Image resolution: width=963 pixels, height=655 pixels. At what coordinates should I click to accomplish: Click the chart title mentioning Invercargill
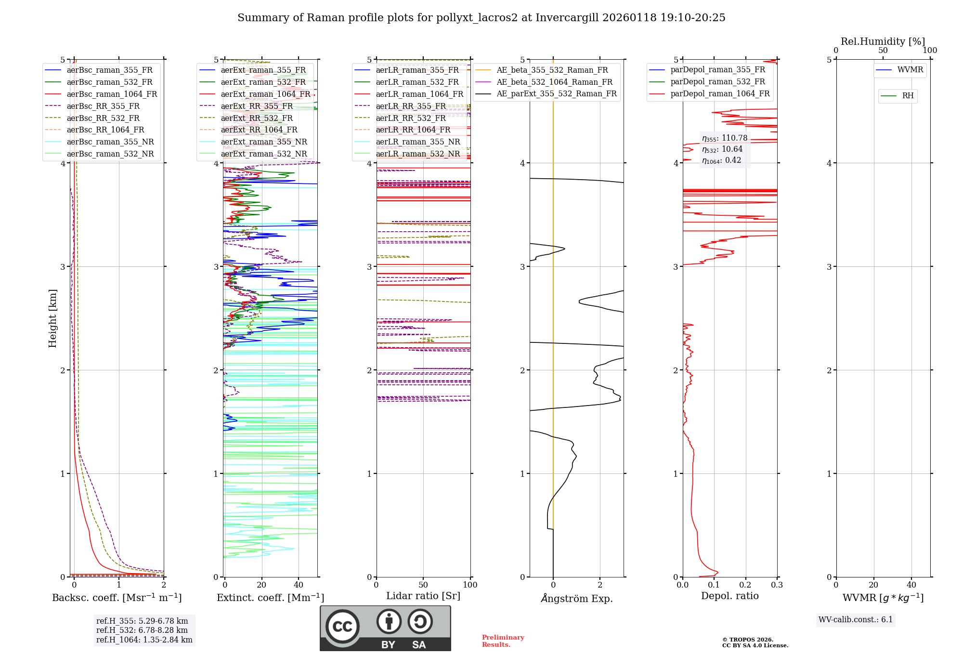pos(481,18)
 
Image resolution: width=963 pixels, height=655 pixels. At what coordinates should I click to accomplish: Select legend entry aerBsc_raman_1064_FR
pos(112,94)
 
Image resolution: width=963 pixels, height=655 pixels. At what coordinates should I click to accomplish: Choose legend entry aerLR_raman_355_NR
pos(417,142)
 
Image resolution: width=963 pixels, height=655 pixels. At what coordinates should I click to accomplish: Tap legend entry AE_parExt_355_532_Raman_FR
pos(556,93)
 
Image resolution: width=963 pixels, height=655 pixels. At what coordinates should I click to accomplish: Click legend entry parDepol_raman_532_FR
pos(717,82)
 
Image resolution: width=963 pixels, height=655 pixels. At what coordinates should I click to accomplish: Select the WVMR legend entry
pos(910,70)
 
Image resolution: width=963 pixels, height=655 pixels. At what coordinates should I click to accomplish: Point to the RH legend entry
pos(908,96)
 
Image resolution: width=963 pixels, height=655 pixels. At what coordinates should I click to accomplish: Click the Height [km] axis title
pos(52,318)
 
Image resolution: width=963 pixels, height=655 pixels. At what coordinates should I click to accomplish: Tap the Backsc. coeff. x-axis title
pos(117,598)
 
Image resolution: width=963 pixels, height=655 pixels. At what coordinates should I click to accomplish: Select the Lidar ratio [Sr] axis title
pos(423,596)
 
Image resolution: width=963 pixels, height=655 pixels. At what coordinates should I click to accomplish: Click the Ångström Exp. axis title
pos(577,598)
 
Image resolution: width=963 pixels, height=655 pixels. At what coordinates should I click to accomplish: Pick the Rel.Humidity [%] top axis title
pos(883,41)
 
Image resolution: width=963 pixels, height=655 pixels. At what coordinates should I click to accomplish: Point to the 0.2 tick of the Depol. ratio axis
pos(745,585)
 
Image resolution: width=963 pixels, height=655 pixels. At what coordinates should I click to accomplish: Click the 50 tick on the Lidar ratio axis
pos(423,585)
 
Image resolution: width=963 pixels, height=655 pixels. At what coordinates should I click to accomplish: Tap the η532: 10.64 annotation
pos(722,149)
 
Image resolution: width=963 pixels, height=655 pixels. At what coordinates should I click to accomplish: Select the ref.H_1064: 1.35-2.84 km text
pos(144,640)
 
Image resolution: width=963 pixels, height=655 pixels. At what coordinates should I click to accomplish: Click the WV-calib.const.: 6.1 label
pos(856,620)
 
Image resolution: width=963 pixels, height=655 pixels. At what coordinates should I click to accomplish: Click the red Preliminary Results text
pos(503,641)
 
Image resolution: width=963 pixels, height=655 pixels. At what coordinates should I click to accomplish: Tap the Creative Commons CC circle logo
pos(342,626)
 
